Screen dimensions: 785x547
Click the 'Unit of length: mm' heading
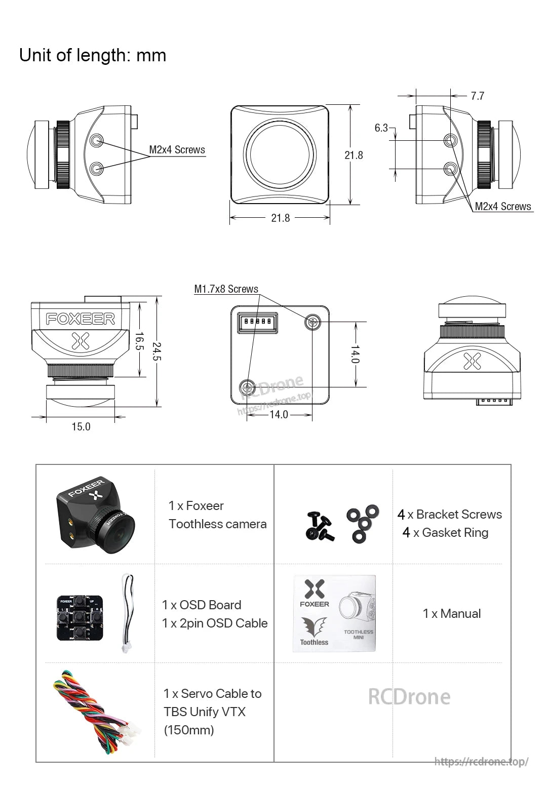(93, 55)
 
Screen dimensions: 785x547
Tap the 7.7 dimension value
(477, 96)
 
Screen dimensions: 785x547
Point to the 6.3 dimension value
(381, 128)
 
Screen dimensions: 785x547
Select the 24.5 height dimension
(157, 352)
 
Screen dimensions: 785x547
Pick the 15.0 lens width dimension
(81, 426)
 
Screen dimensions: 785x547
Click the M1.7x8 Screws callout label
(226, 289)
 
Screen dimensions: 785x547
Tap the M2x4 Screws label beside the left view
(177, 150)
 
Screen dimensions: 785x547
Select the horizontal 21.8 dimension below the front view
(280, 218)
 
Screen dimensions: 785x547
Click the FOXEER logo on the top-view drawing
(81, 319)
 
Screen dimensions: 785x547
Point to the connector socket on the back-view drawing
(258, 322)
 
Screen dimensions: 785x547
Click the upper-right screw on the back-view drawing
(312, 322)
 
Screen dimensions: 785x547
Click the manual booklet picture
(334, 613)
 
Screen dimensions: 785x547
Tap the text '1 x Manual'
(452, 614)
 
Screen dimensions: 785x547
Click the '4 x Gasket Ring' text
(446, 533)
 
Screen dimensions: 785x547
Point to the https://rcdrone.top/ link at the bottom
(481, 761)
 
